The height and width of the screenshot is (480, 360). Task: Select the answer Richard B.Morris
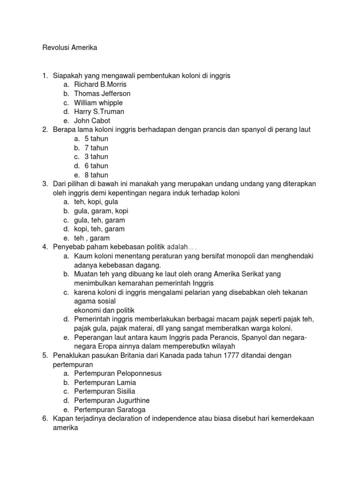pos(100,84)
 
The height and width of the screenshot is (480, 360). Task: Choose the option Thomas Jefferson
pos(102,93)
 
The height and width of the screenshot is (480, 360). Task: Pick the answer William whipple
pos(98,103)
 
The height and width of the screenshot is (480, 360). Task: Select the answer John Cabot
pos(92,120)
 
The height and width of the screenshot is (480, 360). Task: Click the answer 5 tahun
pos(97,139)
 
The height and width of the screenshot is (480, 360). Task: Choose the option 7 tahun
pos(97,148)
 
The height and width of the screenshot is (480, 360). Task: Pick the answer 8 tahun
pos(97,175)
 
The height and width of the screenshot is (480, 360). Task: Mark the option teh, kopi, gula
pos(96,202)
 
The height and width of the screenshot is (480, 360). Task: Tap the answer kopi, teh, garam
pos(99,229)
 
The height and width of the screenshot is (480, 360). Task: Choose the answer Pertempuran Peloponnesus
pos(118,374)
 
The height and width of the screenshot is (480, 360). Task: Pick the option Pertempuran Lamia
pos(105,382)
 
